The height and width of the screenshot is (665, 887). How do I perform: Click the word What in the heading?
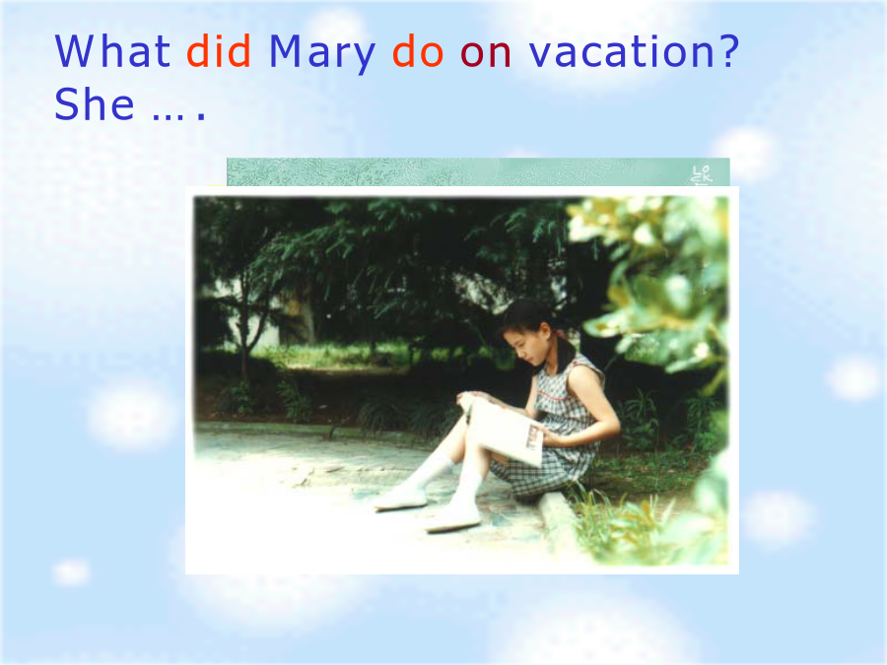(112, 51)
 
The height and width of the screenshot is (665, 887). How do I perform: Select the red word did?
(219, 51)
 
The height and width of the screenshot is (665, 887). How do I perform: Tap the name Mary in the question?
(322, 54)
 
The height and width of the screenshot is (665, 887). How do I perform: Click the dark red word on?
(486, 55)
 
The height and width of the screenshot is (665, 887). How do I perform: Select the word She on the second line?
(95, 104)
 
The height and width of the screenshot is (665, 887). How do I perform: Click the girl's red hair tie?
(561, 335)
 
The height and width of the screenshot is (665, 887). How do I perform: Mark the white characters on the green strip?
(702, 174)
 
